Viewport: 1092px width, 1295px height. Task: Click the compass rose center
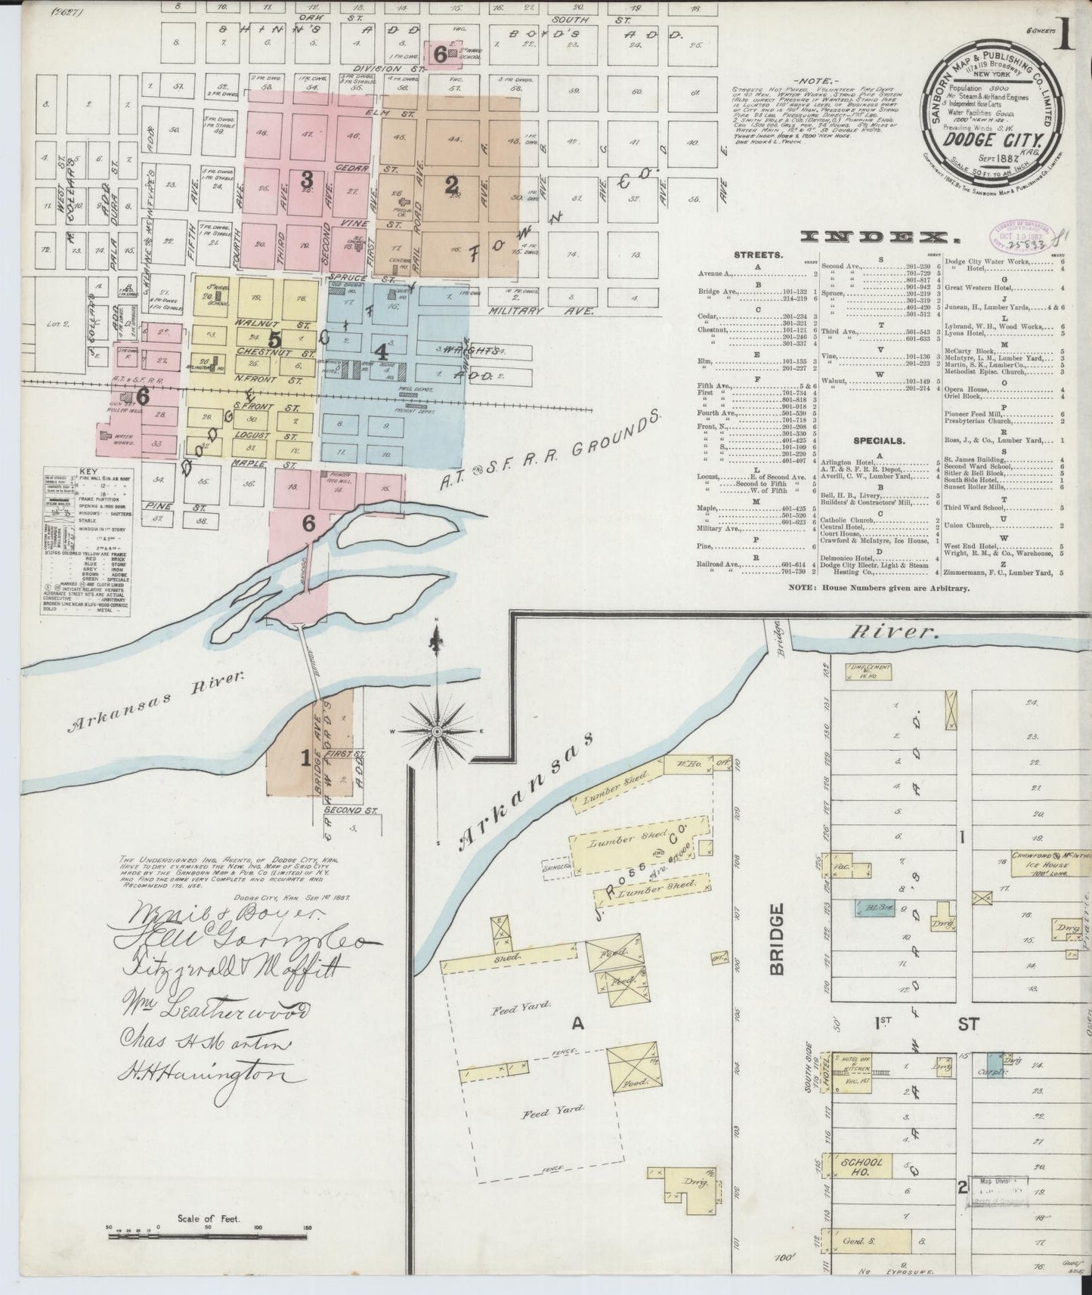tap(437, 731)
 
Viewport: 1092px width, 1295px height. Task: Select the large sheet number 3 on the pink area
tap(306, 179)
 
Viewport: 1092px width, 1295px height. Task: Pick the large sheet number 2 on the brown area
tap(452, 184)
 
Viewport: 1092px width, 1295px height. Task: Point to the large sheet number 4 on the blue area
tap(382, 351)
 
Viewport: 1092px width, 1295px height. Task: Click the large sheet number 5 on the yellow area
tap(274, 340)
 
